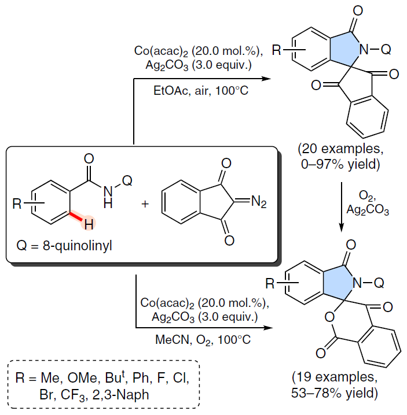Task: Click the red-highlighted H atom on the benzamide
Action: coord(89,224)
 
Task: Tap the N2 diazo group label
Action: coord(259,202)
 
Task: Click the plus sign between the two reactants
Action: coord(145,204)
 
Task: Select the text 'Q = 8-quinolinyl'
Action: coord(64,246)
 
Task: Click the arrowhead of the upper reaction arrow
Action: coord(266,79)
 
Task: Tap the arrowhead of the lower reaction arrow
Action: coord(268,328)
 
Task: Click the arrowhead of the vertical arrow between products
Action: coord(342,228)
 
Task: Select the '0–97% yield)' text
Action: coord(341,164)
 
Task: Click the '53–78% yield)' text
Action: coord(335,393)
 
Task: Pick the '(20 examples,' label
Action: coord(340,149)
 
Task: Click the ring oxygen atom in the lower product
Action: coord(329,317)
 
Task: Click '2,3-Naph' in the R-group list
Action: coord(120,395)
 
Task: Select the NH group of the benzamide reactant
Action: coord(108,197)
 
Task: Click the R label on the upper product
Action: coord(277,50)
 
